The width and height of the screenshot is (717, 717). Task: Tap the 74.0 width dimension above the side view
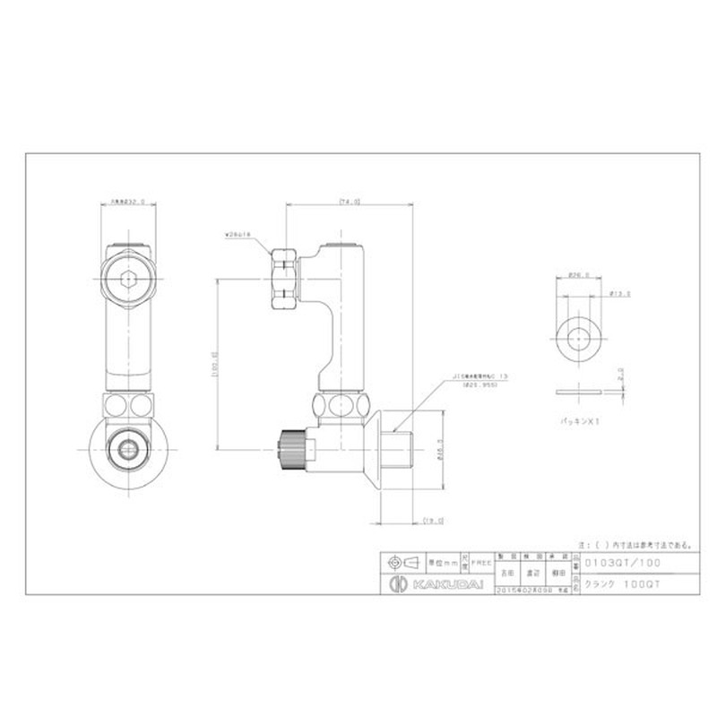pos(349,203)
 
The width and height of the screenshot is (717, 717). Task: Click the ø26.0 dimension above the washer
pos(578,276)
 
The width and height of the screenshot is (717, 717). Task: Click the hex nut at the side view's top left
pos(284,277)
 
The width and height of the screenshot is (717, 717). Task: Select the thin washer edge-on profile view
pos(578,392)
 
